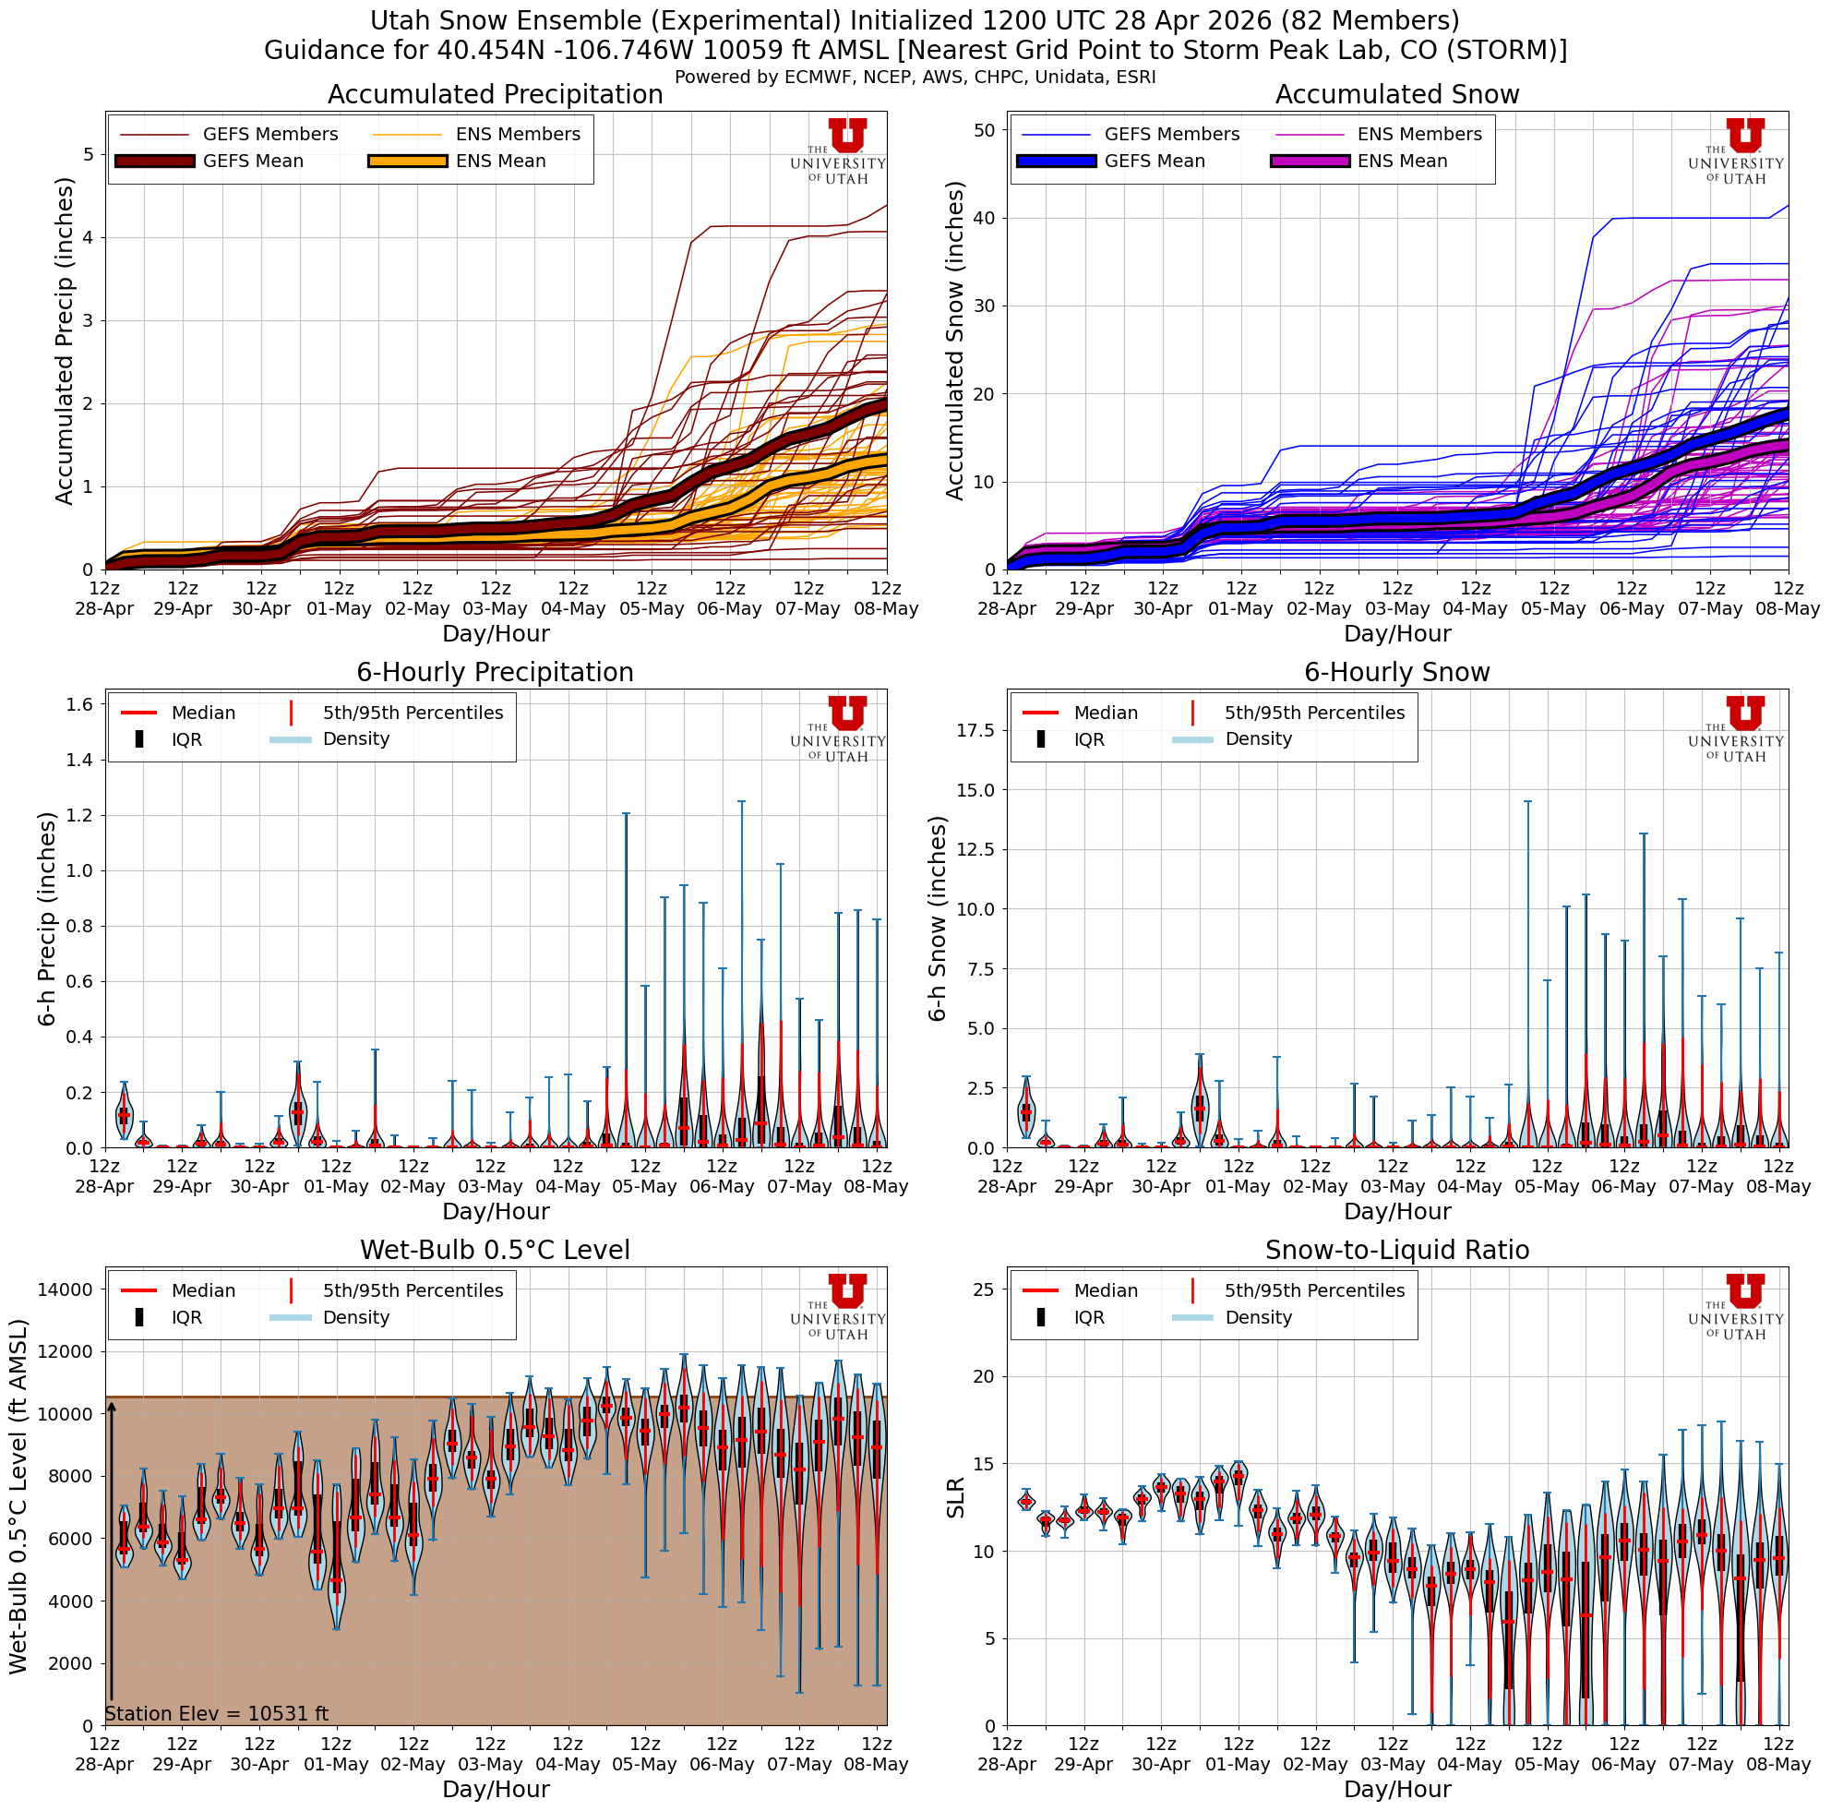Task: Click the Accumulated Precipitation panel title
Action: click(495, 95)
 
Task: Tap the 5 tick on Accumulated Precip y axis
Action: click(89, 153)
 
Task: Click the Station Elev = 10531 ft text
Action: click(216, 1713)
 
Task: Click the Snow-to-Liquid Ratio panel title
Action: click(1397, 1250)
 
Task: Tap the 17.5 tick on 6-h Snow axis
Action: click(975, 730)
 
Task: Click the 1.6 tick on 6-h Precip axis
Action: click(79, 704)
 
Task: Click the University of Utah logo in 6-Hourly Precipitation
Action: click(839, 727)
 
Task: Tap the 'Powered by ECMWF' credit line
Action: click(915, 77)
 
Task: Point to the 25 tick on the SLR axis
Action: click(983, 1289)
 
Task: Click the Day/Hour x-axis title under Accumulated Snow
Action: click(1397, 633)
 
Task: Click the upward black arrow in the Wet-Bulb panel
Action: click(112, 1554)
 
